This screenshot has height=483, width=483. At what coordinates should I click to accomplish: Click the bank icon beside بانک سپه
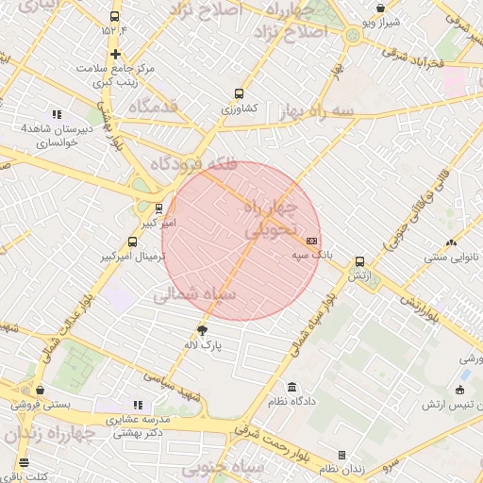[312, 241]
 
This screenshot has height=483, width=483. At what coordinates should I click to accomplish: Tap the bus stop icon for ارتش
[359, 262]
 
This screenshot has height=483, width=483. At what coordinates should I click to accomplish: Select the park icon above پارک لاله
[202, 329]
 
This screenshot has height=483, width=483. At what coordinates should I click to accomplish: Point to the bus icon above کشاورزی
[239, 94]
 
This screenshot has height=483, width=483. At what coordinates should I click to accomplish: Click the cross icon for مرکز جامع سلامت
[115, 54]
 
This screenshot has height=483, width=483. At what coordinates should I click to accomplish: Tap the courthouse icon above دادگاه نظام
[291, 388]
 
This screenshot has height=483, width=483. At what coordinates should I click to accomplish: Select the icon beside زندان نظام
[342, 455]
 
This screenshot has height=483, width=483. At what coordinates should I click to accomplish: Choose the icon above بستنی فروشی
[40, 390]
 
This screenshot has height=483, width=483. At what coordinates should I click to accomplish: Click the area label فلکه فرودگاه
[193, 163]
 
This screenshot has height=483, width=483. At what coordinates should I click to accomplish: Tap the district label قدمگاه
[153, 107]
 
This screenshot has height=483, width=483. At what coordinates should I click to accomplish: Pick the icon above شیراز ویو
[380, 8]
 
